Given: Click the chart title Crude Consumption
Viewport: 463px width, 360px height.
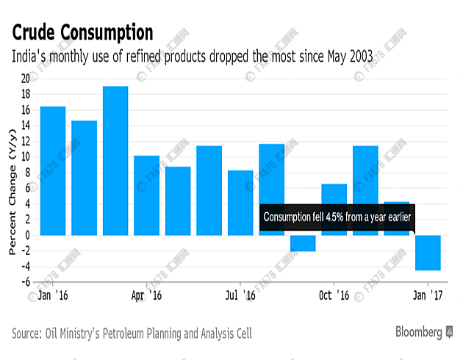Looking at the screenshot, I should click(x=82, y=32).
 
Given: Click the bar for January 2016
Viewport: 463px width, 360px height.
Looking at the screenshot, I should click(x=53, y=170).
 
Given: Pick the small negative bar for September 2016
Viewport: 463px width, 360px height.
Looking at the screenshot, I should click(x=303, y=243).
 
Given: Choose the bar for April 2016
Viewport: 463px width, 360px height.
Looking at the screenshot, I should click(x=146, y=195).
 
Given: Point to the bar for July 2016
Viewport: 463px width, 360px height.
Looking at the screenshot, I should click(x=240, y=202).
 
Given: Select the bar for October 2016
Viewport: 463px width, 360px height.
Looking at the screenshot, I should click(x=334, y=209).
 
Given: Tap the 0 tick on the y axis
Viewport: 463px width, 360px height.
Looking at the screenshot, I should click(x=26, y=235).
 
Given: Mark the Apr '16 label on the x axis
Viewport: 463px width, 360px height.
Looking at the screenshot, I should click(x=146, y=295).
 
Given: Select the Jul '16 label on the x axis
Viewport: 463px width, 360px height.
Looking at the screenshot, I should click(x=240, y=295).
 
